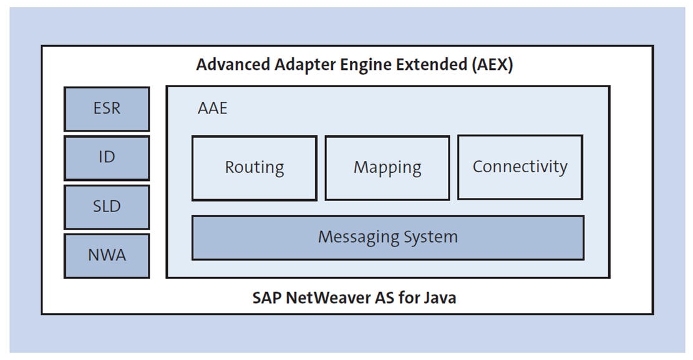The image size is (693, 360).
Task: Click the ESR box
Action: (107, 109)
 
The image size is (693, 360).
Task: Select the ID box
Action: (107, 157)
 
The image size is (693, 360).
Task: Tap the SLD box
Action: (107, 207)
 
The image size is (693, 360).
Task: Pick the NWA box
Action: (107, 255)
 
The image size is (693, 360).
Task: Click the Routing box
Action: (254, 168)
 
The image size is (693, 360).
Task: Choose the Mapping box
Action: (387, 168)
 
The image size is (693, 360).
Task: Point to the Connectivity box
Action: (520, 167)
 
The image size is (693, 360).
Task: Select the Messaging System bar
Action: (387, 238)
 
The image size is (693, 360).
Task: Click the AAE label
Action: (213, 109)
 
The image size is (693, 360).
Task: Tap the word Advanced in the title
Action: (228, 65)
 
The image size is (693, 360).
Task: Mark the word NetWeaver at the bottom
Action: (322, 298)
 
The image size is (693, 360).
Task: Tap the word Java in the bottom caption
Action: (440, 298)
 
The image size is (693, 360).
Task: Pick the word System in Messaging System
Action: (430, 238)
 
